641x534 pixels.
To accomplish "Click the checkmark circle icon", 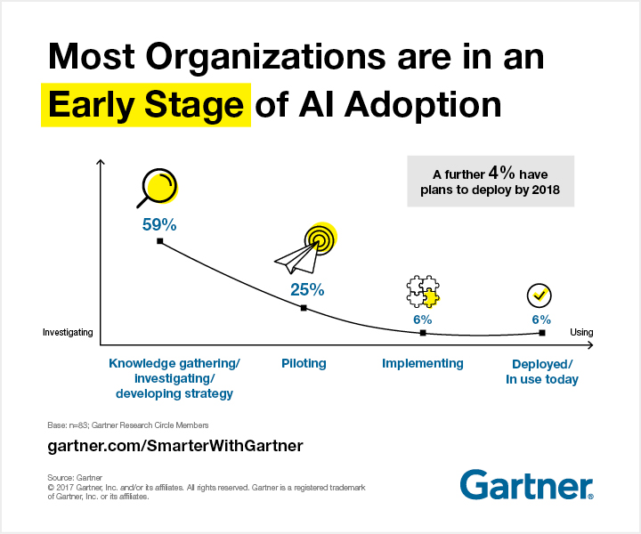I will pos(540,295).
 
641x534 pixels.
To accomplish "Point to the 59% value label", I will pos(158,224).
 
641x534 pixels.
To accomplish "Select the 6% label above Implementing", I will pos(422,319).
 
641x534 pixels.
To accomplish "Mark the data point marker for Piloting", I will pos(304,308).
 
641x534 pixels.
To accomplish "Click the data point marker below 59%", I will pos(159,241).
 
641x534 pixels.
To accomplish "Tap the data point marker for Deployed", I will pos(542,332).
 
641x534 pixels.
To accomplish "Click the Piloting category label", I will pos(304,363).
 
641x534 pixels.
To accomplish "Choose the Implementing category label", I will pos(423,363).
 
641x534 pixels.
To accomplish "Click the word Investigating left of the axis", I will pos(68,333).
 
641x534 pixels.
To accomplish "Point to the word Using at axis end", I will pos(581,333).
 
